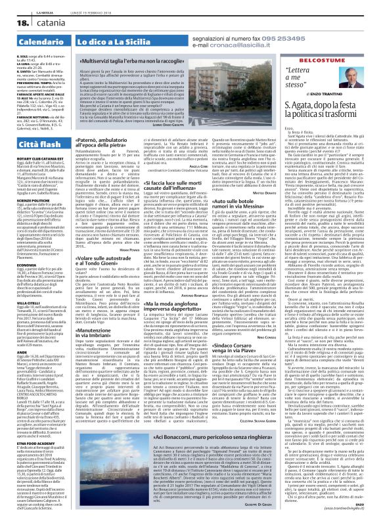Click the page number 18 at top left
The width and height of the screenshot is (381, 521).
14,24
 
